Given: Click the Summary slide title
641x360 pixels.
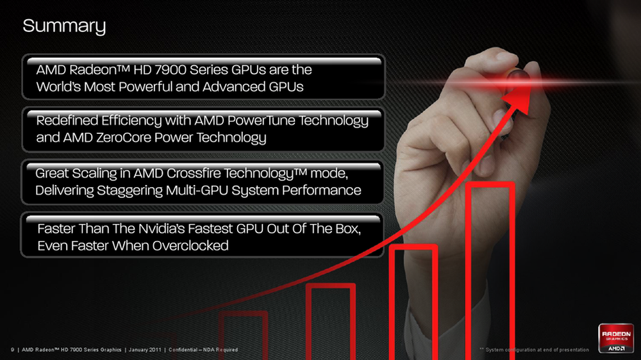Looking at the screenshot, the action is coord(64,26).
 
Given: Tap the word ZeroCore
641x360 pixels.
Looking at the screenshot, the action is coord(124,137).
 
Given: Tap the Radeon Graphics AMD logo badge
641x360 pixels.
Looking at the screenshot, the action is coord(615,338).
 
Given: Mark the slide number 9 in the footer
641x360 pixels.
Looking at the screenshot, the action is coord(13,350).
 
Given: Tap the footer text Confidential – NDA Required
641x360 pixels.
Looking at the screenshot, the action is coord(203,350).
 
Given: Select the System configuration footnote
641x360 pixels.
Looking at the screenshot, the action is coord(535,350).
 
